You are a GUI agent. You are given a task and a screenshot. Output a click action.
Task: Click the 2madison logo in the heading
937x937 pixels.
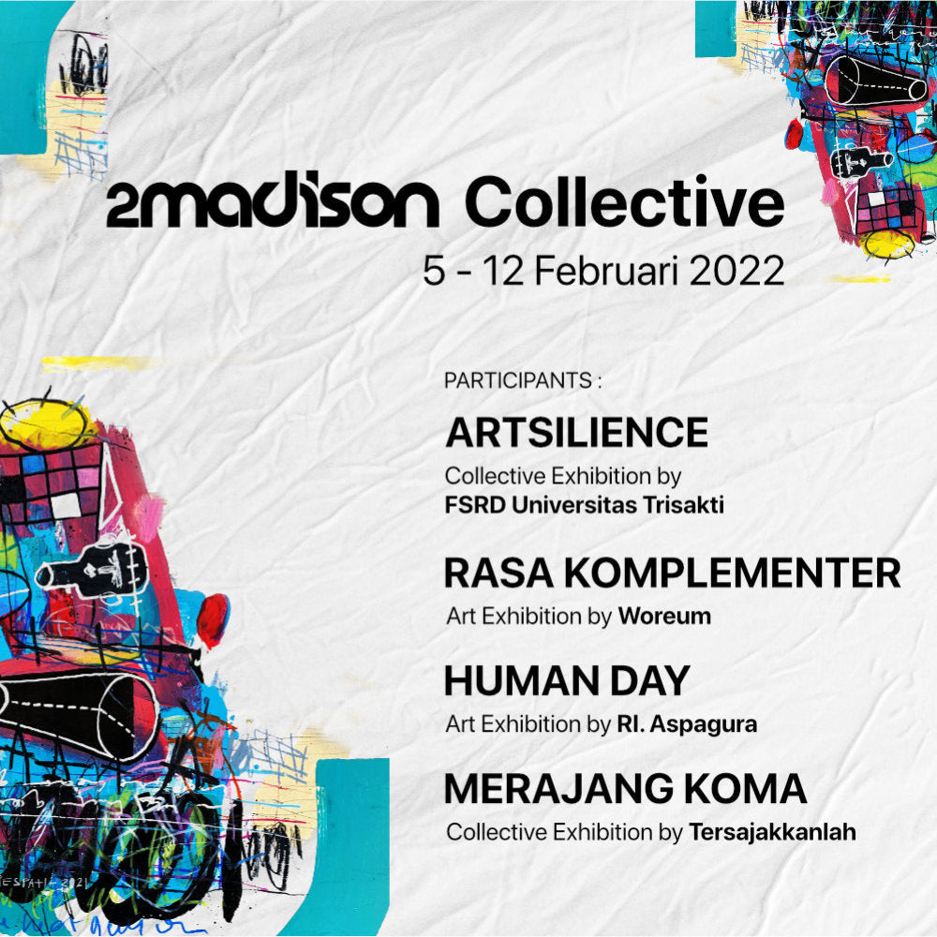click(273, 203)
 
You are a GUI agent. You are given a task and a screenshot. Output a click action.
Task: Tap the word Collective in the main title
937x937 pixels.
click(624, 202)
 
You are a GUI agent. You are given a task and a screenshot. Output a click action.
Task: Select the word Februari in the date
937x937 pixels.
click(606, 272)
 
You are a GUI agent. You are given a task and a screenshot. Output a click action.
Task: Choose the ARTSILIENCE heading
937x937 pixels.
click(576, 433)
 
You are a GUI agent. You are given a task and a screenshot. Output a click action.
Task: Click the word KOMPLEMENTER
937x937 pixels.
click(733, 573)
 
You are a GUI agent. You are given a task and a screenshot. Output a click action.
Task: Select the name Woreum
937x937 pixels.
click(664, 617)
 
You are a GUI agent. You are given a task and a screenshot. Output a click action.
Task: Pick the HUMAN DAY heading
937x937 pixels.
click(567, 681)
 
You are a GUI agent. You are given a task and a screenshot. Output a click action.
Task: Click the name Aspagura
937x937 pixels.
click(704, 725)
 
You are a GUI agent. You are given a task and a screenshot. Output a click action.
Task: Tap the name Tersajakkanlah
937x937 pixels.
click(772, 832)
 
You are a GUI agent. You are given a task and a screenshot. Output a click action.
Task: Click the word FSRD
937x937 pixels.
click(475, 505)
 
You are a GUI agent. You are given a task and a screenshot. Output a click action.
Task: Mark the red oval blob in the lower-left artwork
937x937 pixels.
click(213, 620)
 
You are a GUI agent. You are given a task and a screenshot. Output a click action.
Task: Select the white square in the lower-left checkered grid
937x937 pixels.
click(66, 506)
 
